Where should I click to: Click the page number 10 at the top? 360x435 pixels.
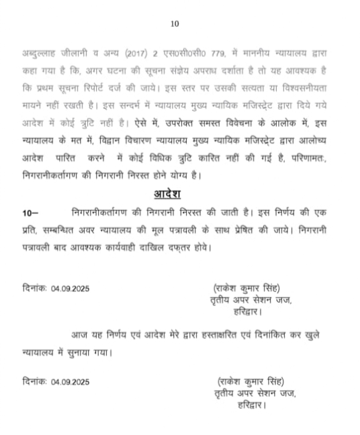tap(175, 23)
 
